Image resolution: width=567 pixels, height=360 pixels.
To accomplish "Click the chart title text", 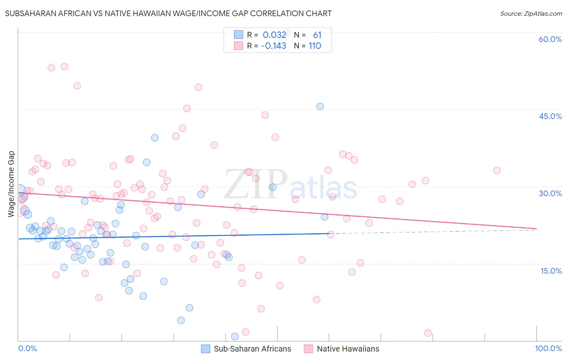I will tap(168, 13).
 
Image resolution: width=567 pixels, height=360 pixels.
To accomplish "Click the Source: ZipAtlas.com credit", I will tap(531, 13).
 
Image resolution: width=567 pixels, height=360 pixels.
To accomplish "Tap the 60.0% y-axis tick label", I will tap(550, 39).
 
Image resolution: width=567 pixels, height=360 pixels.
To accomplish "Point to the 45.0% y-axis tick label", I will tap(550, 116).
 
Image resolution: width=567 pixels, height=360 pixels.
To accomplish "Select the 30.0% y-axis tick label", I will tap(550, 193).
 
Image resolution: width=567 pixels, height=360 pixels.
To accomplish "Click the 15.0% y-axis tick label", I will tap(551, 271).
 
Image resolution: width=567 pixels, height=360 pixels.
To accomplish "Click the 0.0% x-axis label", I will tap(27, 348).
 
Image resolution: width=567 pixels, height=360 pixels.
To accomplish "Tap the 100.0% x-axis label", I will tap(548, 348).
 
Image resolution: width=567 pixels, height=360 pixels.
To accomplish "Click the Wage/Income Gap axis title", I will tap(11, 184).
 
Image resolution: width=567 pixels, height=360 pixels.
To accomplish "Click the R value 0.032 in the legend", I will tap(274, 35).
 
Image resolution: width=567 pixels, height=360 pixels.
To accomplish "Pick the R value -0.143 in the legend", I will tap(273, 46).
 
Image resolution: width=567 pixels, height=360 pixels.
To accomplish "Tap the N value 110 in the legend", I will tap(315, 46).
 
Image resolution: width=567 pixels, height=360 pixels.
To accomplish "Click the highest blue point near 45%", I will tap(320, 107).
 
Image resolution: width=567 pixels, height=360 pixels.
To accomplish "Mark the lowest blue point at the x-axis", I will tap(235, 337).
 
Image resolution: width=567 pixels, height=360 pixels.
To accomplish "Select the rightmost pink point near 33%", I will tap(497, 171).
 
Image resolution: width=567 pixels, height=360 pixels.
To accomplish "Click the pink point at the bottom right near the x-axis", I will tap(428, 333).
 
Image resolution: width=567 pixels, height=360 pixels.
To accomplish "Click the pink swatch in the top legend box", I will tap(238, 46).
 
